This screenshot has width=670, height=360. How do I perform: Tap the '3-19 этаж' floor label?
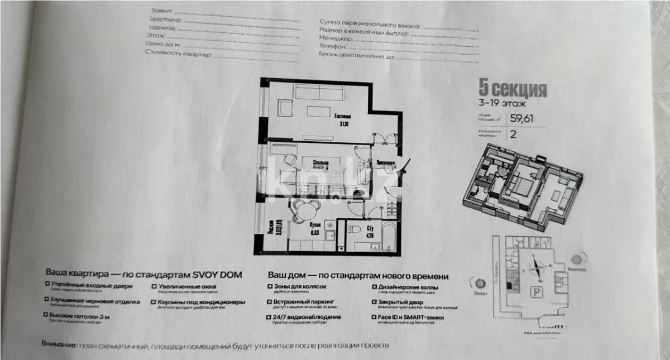(502, 103)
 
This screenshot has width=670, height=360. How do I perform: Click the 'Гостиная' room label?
(343, 117)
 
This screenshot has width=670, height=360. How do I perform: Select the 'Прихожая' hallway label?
(386, 164)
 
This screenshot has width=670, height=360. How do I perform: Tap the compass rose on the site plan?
(535, 267)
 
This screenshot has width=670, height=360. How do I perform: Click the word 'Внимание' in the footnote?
(59, 345)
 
